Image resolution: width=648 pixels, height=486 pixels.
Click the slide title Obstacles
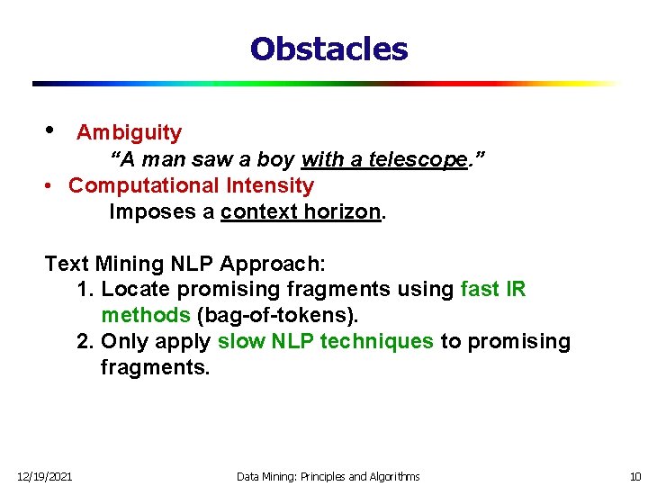coord(328,49)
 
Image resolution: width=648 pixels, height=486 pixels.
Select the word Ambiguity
coord(129,133)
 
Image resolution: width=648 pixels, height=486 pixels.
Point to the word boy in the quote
coord(274,160)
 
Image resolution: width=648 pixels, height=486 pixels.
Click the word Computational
coord(143,186)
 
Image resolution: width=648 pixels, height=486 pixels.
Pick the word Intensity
coord(270,186)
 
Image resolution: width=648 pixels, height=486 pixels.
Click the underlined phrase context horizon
coord(301,212)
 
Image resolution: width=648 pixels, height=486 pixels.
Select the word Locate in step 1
coord(131,290)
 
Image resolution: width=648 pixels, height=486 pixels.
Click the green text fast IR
coord(492,290)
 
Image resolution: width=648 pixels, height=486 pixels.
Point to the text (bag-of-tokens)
coord(277,316)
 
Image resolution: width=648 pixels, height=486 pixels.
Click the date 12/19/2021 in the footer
coord(44,476)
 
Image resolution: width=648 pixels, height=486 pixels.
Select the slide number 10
coord(634,476)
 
